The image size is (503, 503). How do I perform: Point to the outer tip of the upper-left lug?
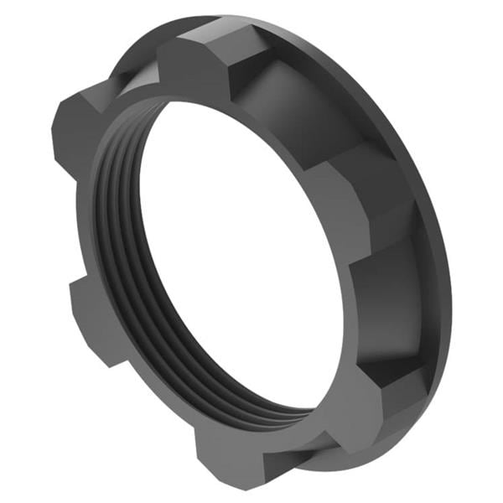[63, 117]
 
